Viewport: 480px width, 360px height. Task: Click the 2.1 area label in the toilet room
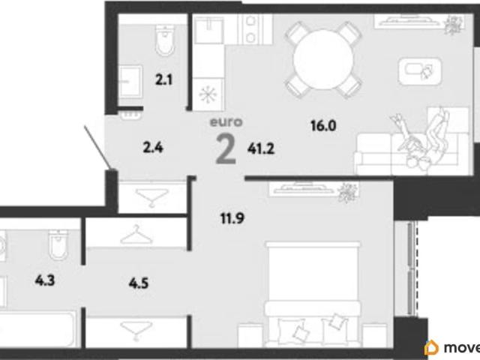[163, 80]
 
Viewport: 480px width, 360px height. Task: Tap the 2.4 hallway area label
[153, 148]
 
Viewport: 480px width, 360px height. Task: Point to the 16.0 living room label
[323, 125]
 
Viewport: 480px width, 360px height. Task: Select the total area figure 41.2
[261, 148]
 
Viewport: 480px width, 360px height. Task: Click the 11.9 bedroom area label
[232, 218]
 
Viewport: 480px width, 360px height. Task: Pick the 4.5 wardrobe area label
[139, 283]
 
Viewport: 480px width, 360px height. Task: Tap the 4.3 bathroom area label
[45, 280]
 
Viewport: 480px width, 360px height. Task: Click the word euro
[226, 121]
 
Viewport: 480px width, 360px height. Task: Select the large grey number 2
[226, 149]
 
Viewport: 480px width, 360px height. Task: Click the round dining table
[323, 60]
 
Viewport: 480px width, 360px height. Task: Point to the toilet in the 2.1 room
[166, 40]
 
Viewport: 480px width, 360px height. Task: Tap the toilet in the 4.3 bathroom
[58, 245]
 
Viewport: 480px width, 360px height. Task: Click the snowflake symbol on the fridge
[208, 93]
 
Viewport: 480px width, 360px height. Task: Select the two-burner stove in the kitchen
[250, 30]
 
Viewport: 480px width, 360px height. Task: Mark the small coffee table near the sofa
[420, 72]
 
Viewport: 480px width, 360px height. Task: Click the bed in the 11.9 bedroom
[313, 295]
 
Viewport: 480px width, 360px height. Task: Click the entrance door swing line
[97, 147]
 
